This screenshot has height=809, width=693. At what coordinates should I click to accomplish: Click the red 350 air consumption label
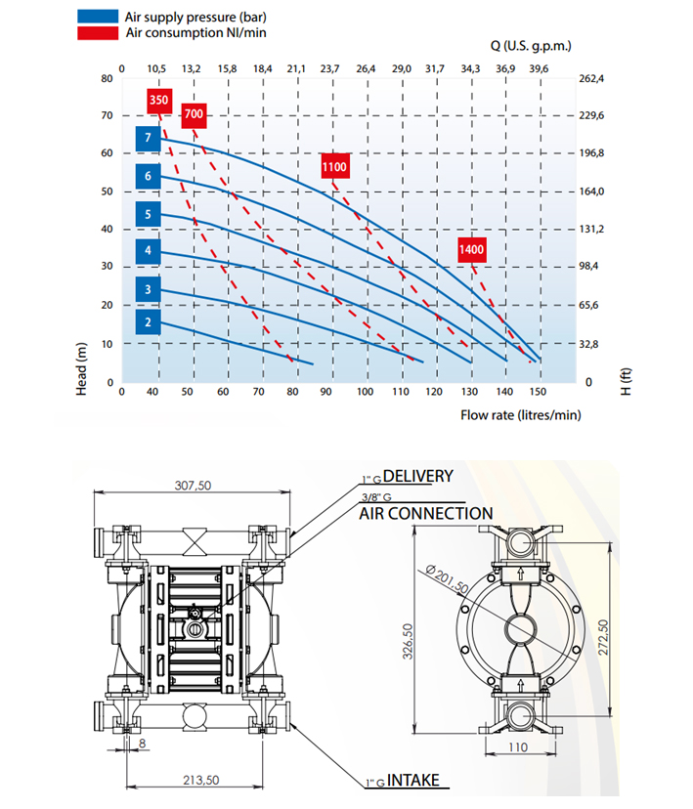pyautogui.click(x=159, y=100)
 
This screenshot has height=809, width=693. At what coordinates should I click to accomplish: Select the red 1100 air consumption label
pyautogui.click(x=335, y=167)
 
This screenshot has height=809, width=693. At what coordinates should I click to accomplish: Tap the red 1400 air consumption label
pyautogui.click(x=472, y=250)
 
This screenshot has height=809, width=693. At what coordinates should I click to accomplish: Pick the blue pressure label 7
pyautogui.click(x=149, y=139)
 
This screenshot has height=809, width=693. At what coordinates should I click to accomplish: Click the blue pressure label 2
pyautogui.click(x=149, y=322)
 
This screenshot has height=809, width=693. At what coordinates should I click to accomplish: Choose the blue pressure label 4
pyautogui.click(x=149, y=251)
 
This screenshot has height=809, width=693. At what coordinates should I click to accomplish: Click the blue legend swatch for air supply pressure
pyautogui.click(x=98, y=16)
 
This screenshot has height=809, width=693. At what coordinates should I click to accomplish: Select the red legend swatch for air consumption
pyautogui.click(x=98, y=33)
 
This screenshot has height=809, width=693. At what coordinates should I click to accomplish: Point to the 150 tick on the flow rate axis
pyautogui.click(x=538, y=392)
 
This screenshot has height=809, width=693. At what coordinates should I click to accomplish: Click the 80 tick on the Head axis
pyautogui.click(x=107, y=78)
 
